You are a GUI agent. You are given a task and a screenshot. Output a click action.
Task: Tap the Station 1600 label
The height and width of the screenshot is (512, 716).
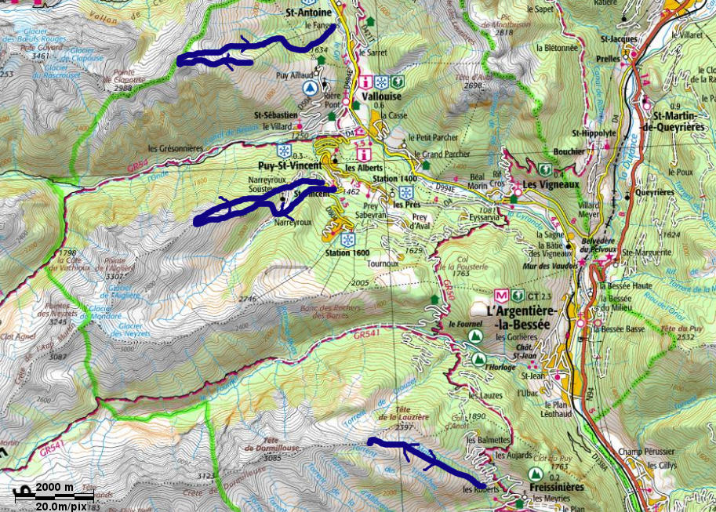pyautogui.click(x=346, y=253)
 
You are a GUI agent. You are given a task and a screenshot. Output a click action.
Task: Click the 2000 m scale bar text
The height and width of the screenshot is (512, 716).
pyautogui.click(x=54, y=487)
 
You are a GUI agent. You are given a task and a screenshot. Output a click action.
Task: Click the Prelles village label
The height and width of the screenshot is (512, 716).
pyautogui.click(x=607, y=57)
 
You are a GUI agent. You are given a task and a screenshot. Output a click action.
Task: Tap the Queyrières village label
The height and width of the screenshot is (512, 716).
pyautogui.click(x=654, y=191)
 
